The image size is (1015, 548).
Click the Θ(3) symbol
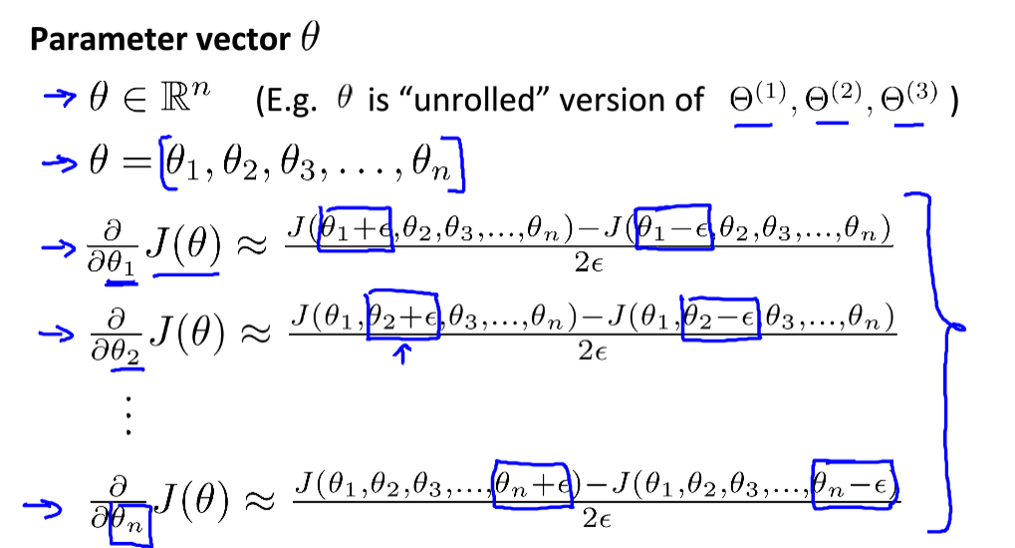click(911, 99)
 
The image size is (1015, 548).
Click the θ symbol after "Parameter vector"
click(308, 39)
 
